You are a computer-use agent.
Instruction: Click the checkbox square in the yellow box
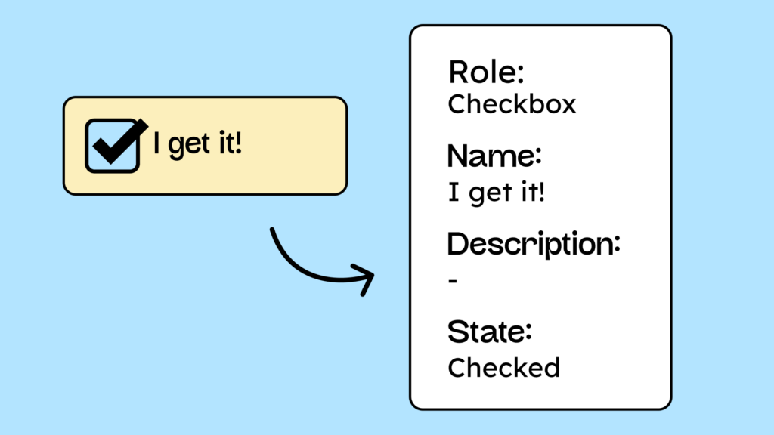coord(112,146)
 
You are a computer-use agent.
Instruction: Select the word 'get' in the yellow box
coord(189,145)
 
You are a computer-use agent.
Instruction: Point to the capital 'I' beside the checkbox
coord(157,143)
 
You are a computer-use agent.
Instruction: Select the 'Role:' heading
coord(486,73)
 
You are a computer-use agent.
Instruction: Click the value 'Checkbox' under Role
coord(512,103)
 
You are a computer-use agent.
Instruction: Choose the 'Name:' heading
coord(495,156)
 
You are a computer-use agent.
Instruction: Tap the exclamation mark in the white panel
coord(540,192)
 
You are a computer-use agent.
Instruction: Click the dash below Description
coord(453,281)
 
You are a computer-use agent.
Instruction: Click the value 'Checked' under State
coord(503,367)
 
